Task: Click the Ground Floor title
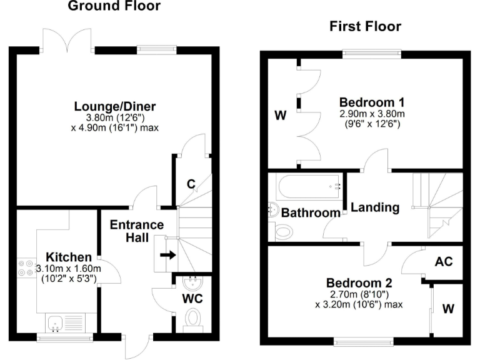click(114, 7)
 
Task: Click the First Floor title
click(365, 26)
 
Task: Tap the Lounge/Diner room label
click(116, 106)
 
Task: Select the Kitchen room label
click(69, 257)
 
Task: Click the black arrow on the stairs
click(168, 255)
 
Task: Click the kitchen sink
click(61, 322)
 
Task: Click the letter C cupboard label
click(192, 184)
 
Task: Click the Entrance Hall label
click(137, 231)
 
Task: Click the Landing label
click(374, 207)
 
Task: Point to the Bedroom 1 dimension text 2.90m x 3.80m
click(372, 114)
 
